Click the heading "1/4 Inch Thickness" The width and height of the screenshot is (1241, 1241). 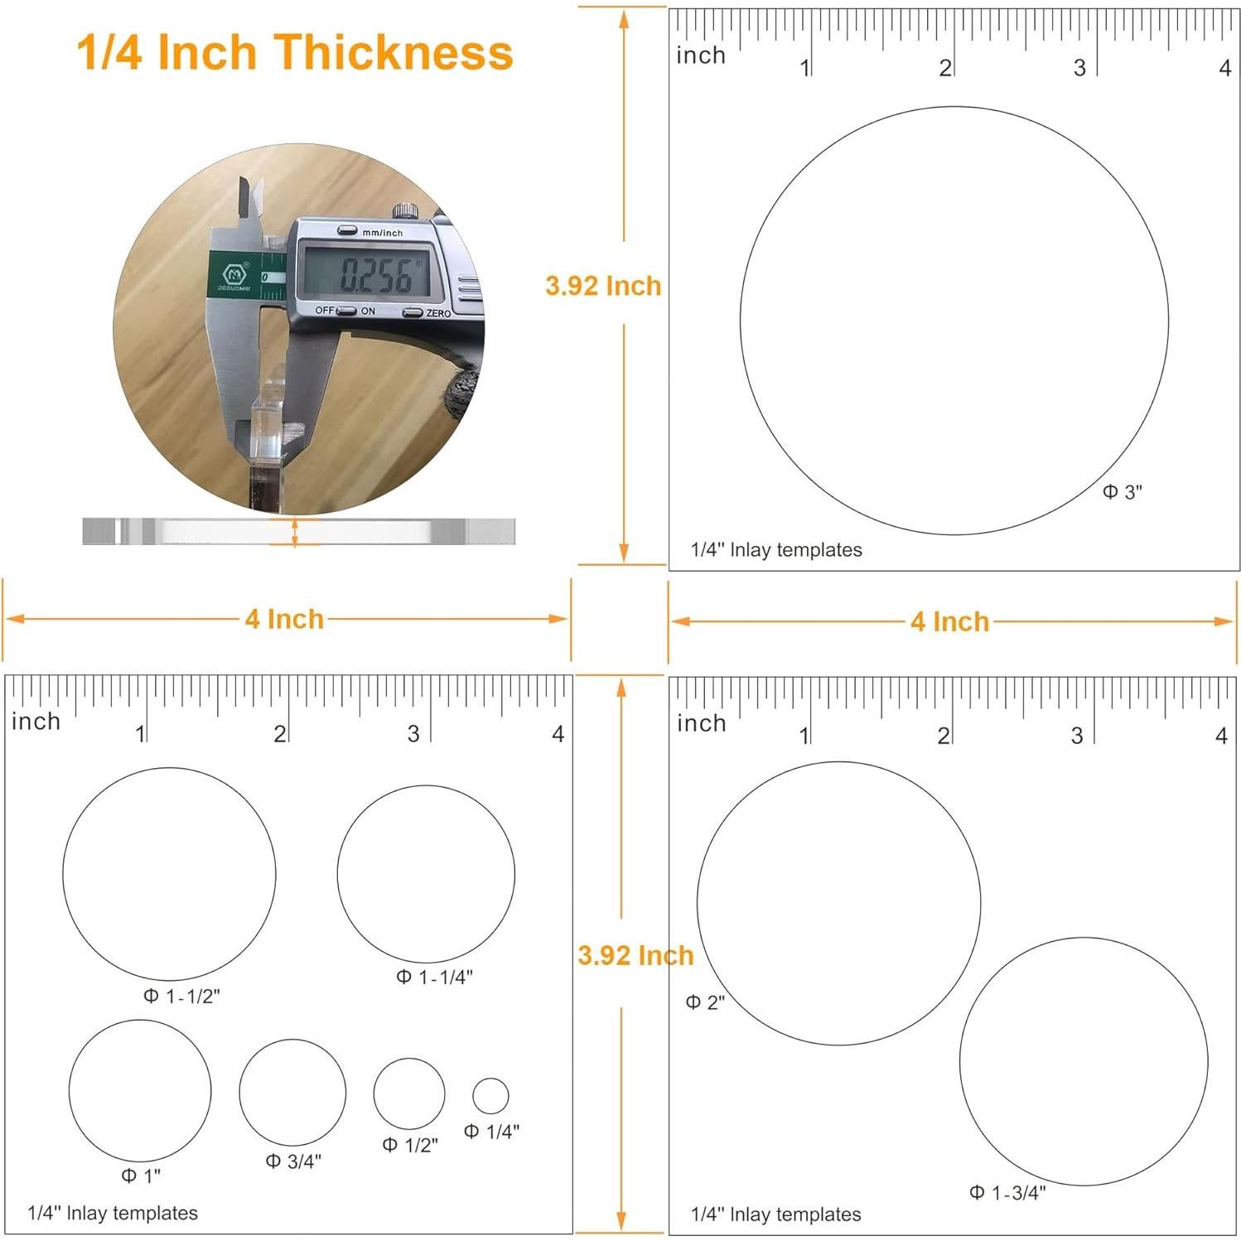(295, 52)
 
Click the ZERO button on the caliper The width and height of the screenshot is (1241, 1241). (413, 312)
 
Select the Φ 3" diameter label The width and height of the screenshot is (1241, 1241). (1122, 492)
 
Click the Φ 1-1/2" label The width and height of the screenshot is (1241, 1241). (181, 996)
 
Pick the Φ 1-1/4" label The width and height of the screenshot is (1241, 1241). (434, 977)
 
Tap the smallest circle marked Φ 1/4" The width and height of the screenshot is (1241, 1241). (490, 1095)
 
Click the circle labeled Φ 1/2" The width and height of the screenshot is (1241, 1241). (408, 1093)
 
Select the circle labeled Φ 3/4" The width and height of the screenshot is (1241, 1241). (292, 1093)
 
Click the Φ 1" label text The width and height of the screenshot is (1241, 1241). (141, 1175)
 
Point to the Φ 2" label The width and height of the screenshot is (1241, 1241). (705, 1002)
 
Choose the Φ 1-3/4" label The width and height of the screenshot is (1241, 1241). (1007, 1192)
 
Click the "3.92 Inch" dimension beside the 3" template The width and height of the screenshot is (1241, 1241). (603, 286)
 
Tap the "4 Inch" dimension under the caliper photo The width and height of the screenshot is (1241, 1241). (284, 619)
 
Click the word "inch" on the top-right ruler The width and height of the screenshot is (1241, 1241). (701, 56)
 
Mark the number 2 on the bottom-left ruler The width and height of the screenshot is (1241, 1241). (280, 733)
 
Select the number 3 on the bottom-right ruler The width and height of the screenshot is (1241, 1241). (1076, 735)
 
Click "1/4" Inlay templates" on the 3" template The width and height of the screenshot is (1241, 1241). (776, 550)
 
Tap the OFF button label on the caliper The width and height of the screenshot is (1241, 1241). (325, 311)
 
